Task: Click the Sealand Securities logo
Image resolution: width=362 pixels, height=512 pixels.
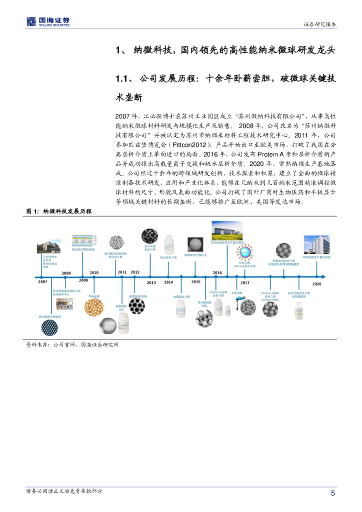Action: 48,21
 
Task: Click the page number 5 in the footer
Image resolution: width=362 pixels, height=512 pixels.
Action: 332,493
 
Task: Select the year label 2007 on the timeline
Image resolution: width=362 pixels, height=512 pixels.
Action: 42,281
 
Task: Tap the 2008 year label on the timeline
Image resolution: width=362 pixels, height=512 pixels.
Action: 66,273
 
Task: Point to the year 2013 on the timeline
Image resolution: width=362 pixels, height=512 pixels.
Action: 151,282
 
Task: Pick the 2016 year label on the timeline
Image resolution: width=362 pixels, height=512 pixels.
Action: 217,272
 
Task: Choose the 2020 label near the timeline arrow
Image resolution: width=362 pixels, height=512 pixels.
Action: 316,282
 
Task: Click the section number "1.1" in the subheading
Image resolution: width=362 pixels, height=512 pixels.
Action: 123,79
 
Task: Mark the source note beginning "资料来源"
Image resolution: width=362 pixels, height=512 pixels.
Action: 72,344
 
